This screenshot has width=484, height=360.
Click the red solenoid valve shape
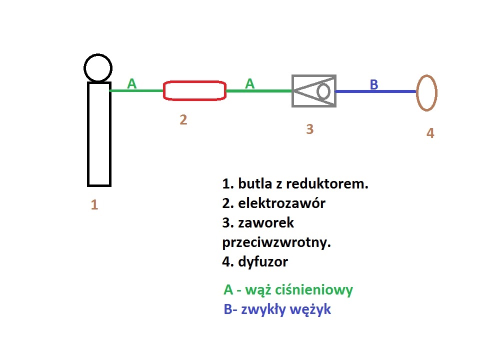coord(194,81)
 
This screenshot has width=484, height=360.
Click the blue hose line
coord(376,91)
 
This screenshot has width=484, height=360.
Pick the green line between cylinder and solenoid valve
coord(136,91)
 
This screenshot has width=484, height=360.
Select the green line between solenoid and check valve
coord(259,91)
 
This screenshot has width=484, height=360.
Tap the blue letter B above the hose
coord(374,84)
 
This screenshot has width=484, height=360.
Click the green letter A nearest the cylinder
coord(132,83)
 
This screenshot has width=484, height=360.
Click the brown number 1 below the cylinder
coord(94,204)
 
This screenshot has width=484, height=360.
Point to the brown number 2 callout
coord(183,120)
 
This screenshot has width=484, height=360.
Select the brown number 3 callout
coord(309,129)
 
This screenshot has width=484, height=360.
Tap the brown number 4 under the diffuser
coord(430,133)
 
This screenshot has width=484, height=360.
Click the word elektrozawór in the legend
coord(281,203)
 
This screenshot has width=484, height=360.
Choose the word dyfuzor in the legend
coord(263,262)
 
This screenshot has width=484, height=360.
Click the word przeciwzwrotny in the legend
coord(276,242)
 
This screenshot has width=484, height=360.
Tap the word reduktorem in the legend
coord(327,183)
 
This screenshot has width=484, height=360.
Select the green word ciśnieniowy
coord(314,290)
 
